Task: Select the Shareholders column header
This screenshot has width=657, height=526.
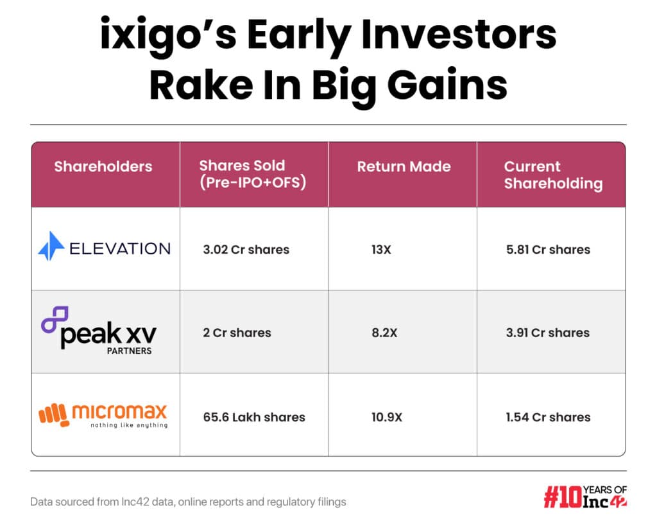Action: [x=103, y=166]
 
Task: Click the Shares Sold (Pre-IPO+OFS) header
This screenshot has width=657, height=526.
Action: [x=252, y=174]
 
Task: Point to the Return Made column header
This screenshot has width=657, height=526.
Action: [x=404, y=166]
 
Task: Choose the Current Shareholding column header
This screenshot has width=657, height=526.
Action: [x=553, y=175]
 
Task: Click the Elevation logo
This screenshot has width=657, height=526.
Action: [x=105, y=249]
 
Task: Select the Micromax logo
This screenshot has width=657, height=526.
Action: [x=103, y=415]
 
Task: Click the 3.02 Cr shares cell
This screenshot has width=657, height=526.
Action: [x=246, y=249]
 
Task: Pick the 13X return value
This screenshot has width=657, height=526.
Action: [x=381, y=249]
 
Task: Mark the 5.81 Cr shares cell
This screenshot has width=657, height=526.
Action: [x=548, y=249]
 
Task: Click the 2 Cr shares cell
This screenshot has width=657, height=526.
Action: [x=237, y=333]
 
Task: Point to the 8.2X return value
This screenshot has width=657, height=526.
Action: [x=384, y=333]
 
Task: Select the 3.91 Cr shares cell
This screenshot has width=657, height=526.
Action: [x=547, y=333]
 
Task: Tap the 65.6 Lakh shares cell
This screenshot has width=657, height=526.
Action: [x=253, y=417]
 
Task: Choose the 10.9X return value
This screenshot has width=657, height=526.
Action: [x=387, y=417]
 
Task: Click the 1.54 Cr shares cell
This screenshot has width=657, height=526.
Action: [x=547, y=417]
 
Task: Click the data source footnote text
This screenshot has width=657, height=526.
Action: [x=188, y=502]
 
